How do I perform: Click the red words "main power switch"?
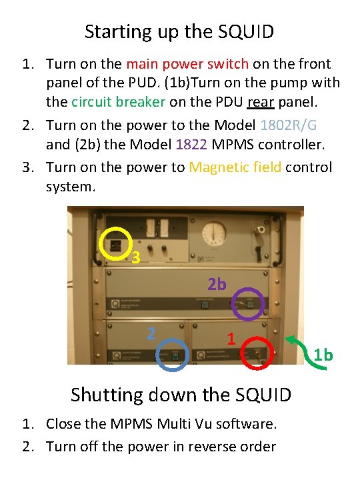(x=187, y=64)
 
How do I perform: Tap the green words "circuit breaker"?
(x=118, y=101)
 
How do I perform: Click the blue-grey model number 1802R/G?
(x=289, y=125)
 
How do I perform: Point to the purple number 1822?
(x=191, y=144)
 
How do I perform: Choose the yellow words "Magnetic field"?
(x=235, y=168)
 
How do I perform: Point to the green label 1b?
(x=323, y=355)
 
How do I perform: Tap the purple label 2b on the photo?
(x=217, y=284)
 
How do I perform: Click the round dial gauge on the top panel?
(x=214, y=233)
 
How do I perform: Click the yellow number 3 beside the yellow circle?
(x=136, y=257)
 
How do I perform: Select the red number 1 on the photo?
(x=231, y=339)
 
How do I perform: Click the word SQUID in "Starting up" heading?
(x=246, y=31)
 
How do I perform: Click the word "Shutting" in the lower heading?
(x=107, y=395)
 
